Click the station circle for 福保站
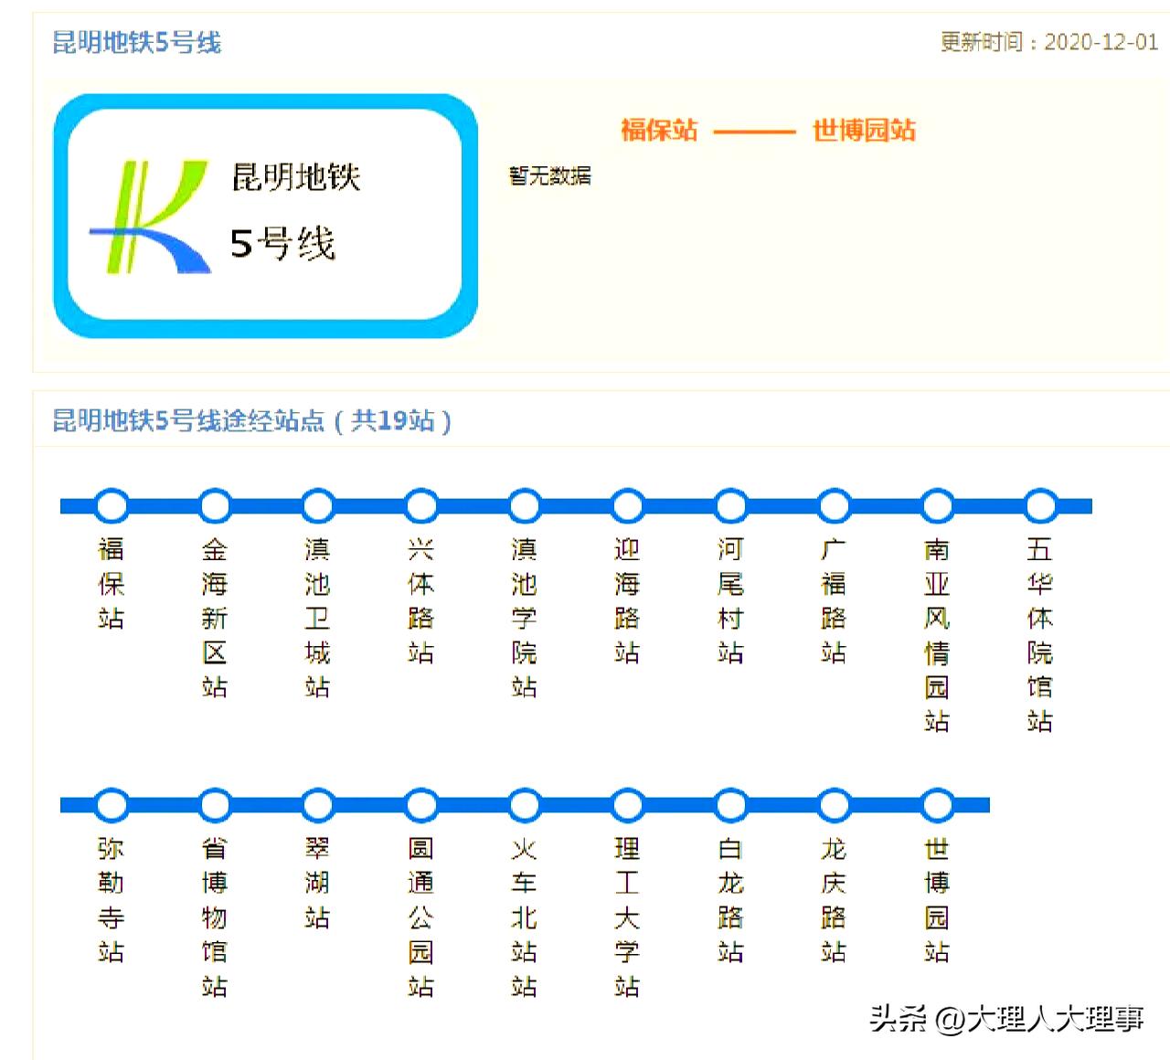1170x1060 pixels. coord(112,505)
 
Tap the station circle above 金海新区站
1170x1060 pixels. coord(215,505)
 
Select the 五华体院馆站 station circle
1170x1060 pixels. coord(1040,505)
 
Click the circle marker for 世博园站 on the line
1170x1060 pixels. coord(937,805)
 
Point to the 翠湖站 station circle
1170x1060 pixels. coord(318,805)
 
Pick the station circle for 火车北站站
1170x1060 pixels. coord(525,805)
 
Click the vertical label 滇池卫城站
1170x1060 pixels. coord(317,618)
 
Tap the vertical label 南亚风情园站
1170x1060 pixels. coord(937,635)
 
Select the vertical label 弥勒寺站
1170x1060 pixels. coord(112,900)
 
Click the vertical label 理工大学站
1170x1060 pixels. coord(627,917)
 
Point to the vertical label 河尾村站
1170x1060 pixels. coord(730,600)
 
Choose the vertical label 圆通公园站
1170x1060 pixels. coord(420,917)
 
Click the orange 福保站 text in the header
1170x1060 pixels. coord(659,130)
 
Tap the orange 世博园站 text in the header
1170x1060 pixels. coord(864,130)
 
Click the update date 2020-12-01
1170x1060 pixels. coord(1101,42)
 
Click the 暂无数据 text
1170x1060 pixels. coord(550,175)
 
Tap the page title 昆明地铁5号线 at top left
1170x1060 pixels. coord(137,42)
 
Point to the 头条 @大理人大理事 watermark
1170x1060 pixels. coord(1006,1018)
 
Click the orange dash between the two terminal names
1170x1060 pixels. coord(754,131)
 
